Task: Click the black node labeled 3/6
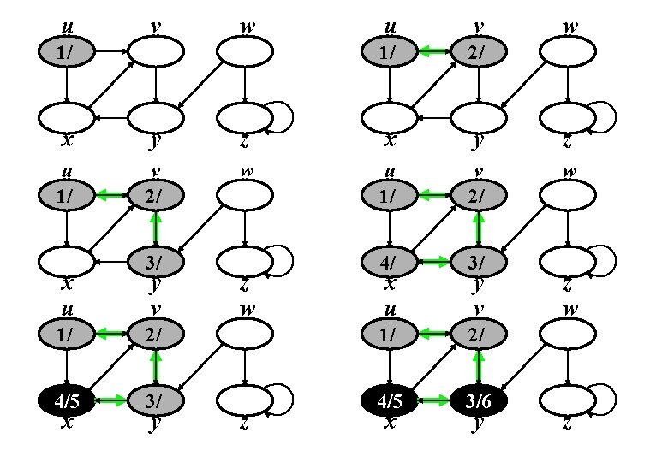(x=480, y=399)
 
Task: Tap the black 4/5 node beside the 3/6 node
(x=391, y=399)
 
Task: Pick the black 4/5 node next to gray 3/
(x=67, y=399)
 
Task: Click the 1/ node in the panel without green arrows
(x=67, y=53)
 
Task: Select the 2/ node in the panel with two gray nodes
(x=480, y=53)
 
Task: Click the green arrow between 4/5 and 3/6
(x=435, y=399)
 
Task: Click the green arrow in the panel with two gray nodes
(x=435, y=53)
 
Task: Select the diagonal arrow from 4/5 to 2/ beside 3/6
(x=435, y=366)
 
